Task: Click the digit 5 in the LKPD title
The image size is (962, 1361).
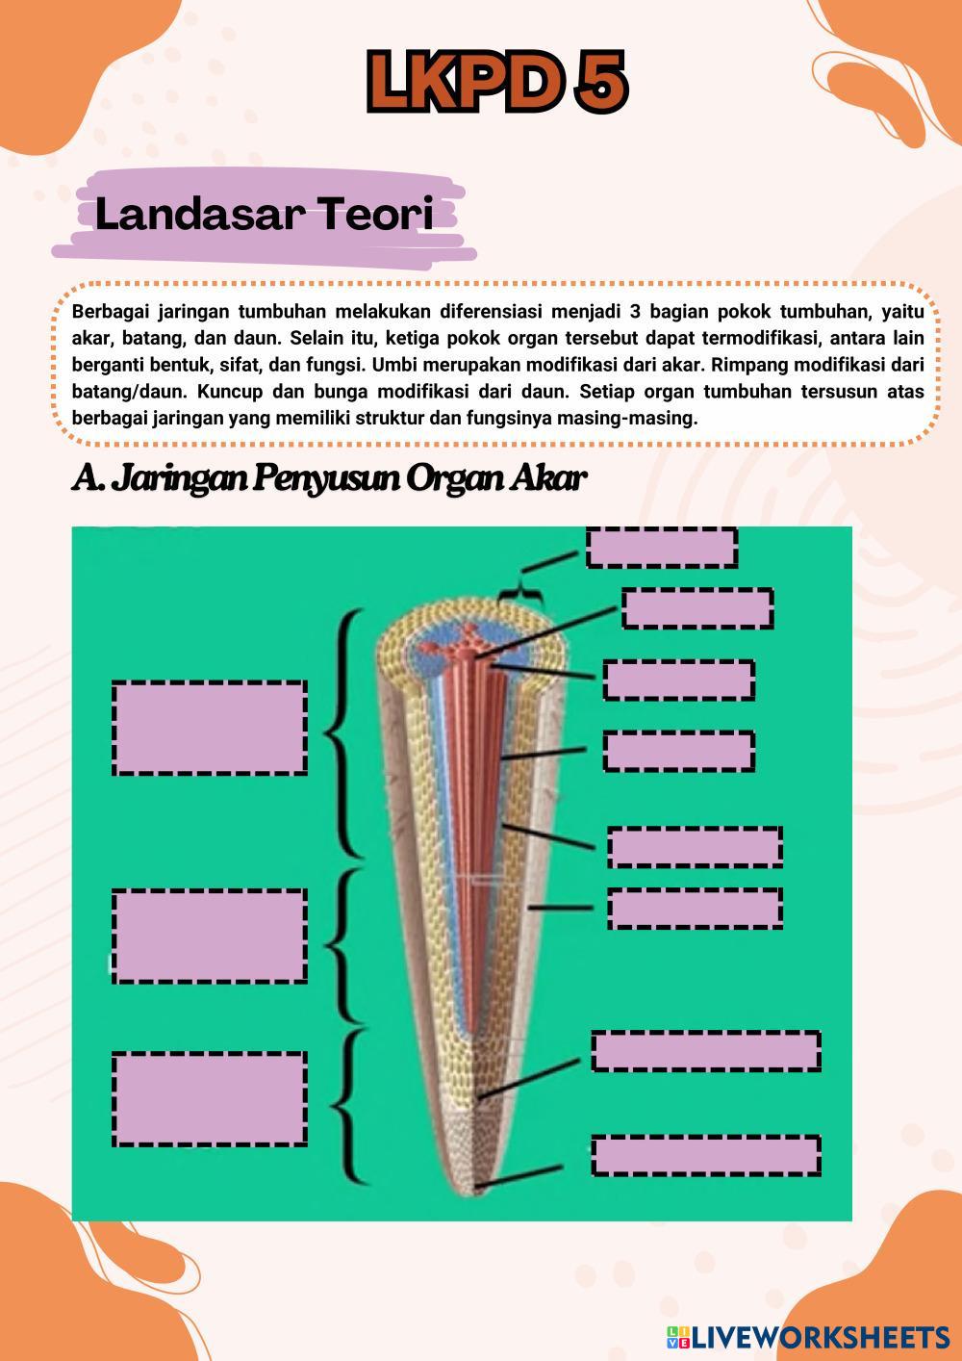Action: click(600, 81)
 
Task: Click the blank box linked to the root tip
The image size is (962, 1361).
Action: click(705, 1156)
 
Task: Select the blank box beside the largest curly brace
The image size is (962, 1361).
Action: click(210, 729)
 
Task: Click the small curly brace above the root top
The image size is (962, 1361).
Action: click(520, 588)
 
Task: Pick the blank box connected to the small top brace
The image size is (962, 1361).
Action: click(662, 548)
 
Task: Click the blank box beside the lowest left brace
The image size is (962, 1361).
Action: click(210, 1099)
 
